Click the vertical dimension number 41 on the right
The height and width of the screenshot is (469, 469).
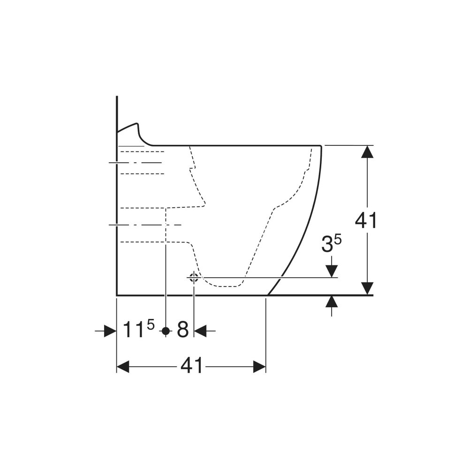click(366, 220)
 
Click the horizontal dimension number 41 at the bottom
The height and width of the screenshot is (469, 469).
click(191, 365)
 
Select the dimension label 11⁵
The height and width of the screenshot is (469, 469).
click(138, 329)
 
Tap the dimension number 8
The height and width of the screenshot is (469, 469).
click(183, 330)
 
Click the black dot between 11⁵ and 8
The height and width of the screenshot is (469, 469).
click(166, 331)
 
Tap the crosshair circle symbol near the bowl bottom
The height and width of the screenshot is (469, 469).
click(194, 278)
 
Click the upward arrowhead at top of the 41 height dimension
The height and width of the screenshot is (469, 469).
click(367, 151)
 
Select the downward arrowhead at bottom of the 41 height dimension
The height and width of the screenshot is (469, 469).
click(367, 288)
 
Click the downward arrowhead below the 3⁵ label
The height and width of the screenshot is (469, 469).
click(332, 271)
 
